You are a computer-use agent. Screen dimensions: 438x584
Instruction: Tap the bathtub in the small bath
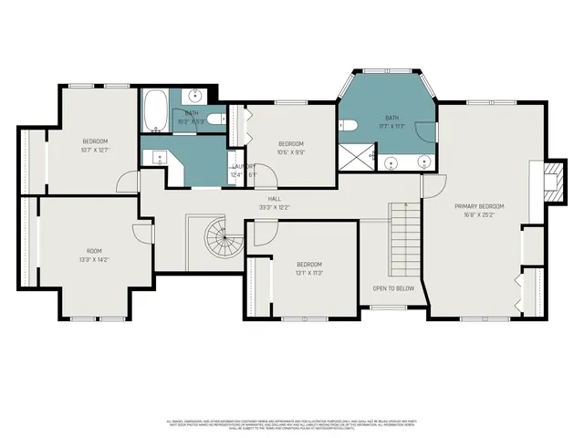tap(155, 112)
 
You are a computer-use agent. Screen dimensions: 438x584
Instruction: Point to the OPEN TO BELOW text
tap(393, 287)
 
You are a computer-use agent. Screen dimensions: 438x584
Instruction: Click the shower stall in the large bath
tap(351, 159)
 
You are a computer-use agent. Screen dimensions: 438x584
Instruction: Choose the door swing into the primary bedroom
tap(433, 187)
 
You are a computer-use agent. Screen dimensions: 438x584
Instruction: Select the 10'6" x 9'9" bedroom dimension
tap(291, 153)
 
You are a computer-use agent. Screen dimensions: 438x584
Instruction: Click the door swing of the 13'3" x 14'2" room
tap(142, 233)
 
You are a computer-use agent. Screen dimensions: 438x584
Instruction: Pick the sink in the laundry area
tap(158, 158)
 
